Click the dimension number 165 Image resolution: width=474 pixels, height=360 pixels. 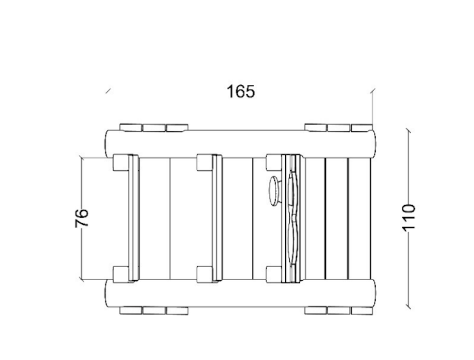pos(241,91)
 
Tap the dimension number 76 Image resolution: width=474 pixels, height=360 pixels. pos(82,218)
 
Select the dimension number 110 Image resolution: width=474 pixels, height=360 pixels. pos(409,218)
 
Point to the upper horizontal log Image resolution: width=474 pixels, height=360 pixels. pos(241,144)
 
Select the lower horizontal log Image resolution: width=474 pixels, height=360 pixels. pos(241,293)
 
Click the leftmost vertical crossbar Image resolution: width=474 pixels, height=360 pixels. pos(133,218)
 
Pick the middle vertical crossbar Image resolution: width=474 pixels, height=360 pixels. pos(217,218)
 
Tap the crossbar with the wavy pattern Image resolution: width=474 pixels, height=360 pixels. pos(291,218)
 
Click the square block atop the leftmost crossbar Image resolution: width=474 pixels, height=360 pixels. pos(121,163)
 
